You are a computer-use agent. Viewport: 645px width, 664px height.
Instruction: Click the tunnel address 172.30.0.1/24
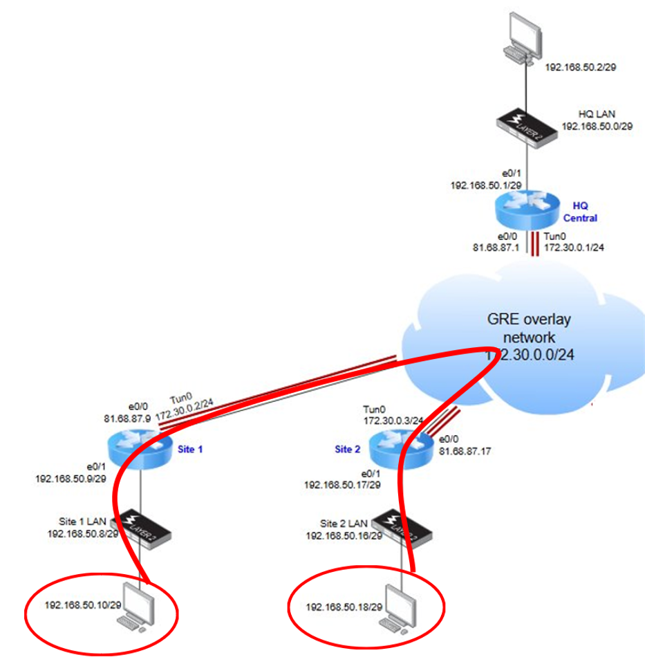574,246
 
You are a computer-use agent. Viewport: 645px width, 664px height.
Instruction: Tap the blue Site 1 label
191,449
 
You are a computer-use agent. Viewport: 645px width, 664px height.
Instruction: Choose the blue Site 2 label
348,449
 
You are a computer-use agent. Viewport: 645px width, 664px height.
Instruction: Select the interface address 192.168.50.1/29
485,185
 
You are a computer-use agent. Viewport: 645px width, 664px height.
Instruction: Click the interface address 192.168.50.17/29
342,485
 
